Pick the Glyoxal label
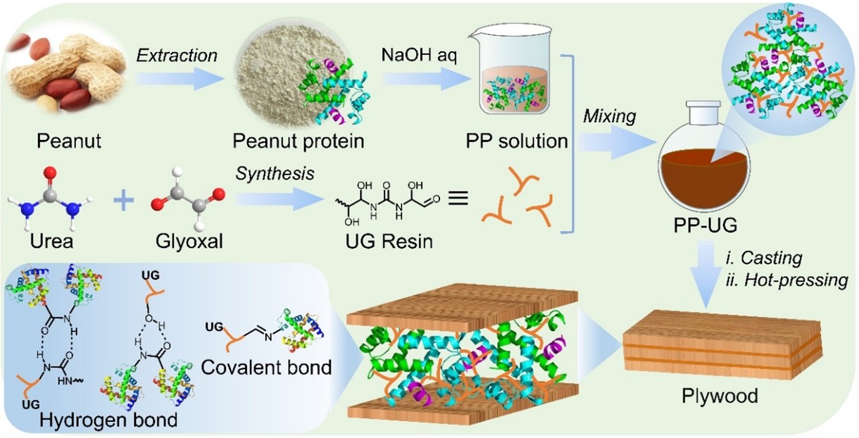(182, 243)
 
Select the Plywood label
(720, 396)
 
